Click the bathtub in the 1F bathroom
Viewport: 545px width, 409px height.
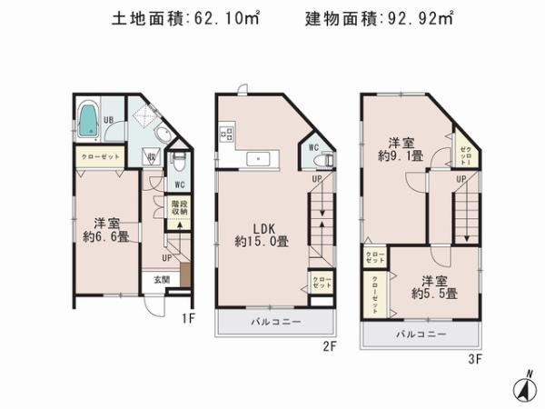tap(88, 121)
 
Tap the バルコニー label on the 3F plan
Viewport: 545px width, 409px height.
tap(420, 334)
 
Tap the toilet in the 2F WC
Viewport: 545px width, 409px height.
tap(321, 161)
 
